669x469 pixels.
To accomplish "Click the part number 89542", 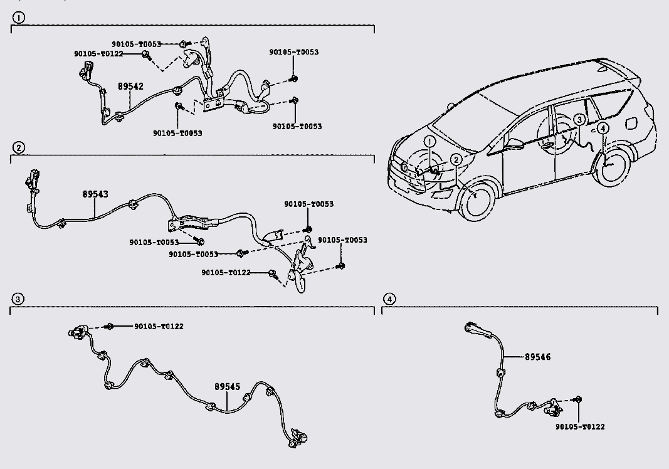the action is tap(130, 86).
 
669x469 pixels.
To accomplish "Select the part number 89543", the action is tap(95, 194).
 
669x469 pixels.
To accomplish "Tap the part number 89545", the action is tap(228, 387).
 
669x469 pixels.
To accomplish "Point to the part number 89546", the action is tap(537, 357).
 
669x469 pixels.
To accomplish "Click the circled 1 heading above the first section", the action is tap(19, 18).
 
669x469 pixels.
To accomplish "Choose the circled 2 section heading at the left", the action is tap(18, 147).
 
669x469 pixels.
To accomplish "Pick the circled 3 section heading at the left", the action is tap(18, 298).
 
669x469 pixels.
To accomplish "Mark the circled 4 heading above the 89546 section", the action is tap(389, 298).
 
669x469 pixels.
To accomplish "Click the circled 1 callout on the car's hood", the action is tap(429, 142).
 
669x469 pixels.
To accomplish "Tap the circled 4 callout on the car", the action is tap(603, 128).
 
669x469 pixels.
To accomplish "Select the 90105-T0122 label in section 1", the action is tap(98, 54).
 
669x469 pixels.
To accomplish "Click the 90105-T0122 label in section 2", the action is tap(226, 273).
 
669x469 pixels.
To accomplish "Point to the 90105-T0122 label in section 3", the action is tap(159, 327).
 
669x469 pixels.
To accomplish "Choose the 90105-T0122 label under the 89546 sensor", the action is tap(580, 427).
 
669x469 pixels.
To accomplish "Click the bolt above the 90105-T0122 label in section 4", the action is tap(578, 399).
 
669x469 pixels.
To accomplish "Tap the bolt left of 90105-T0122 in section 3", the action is tap(109, 327).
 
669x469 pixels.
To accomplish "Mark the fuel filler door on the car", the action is tap(631, 122).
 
